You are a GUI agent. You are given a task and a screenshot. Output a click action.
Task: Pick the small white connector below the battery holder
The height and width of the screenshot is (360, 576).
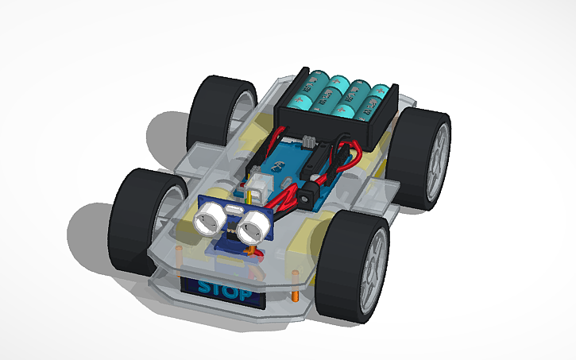click(310, 142)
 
